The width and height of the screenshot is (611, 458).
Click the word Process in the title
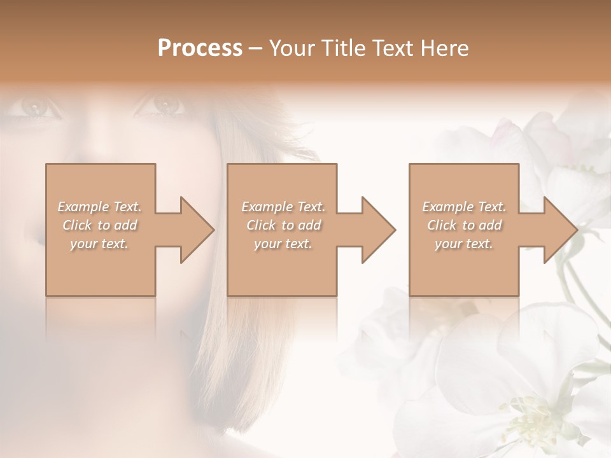pyautogui.click(x=200, y=48)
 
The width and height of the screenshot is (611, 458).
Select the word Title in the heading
pyautogui.click(x=344, y=48)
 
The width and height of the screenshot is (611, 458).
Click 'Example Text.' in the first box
pyautogui.click(x=99, y=207)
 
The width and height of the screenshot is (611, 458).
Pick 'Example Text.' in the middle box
pyautogui.click(x=283, y=207)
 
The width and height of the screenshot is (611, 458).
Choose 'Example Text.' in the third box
pyautogui.click(x=464, y=207)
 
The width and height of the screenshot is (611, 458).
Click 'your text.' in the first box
pyautogui.click(x=99, y=244)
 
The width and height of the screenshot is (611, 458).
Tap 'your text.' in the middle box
pyautogui.click(x=283, y=244)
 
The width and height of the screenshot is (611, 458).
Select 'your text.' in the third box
pyautogui.click(x=464, y=244)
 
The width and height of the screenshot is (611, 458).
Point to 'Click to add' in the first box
pyautogui.click(x=100, y=225)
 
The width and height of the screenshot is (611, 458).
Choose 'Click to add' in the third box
pyautogui.click(x=465, y=225)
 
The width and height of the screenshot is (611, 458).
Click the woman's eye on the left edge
pyautogui.click(x=38, y=106)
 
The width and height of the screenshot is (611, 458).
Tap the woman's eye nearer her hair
pyautogui.click(x=162, y=104)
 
